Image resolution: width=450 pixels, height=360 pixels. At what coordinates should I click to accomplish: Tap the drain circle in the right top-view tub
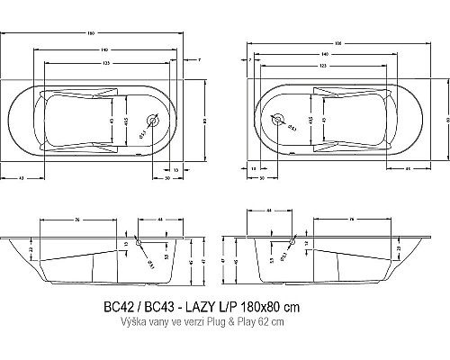[x=277, y=121]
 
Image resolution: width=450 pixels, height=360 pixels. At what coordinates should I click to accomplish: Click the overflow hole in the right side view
[x=291, y=240]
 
